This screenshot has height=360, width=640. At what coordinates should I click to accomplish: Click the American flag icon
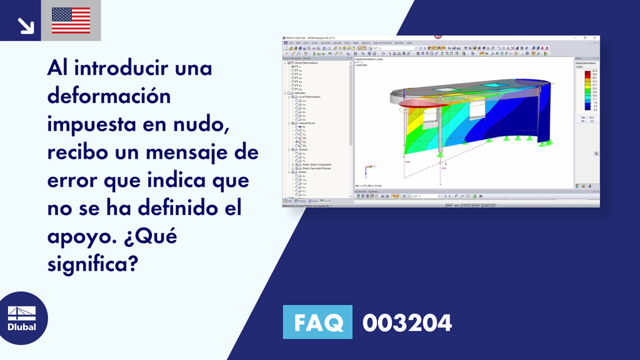pos(71,21)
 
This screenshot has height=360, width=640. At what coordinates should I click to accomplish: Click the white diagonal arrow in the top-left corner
pos(25,25)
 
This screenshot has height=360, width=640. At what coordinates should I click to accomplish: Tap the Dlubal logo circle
pos(22,319)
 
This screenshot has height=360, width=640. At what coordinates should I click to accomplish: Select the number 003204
pos(407,322)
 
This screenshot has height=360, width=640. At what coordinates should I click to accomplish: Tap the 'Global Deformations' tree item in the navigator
pos(306,63)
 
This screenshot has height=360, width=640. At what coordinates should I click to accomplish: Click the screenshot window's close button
pos(596,38)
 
